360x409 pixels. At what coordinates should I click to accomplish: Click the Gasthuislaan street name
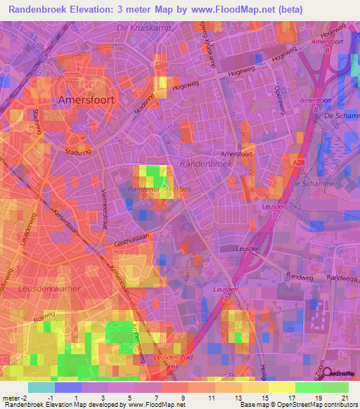pyautogui.click(x=133, y=241)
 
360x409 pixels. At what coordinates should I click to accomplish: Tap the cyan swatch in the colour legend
pyautogui.click(x=41, y=387)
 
